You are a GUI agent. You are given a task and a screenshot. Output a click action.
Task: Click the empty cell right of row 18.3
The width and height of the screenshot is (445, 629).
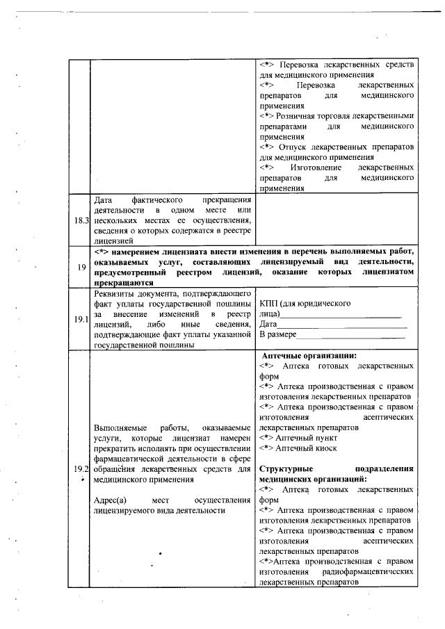337,219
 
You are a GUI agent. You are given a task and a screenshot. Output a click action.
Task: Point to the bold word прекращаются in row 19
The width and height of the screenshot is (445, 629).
124,283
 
